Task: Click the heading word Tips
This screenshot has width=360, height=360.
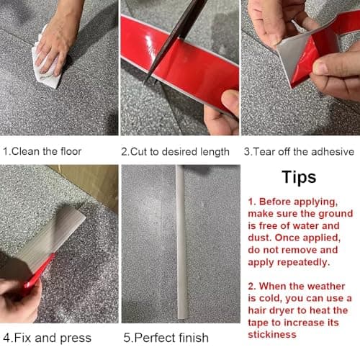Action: coord(299,177)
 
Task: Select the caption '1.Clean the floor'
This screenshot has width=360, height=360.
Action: coord(42,151)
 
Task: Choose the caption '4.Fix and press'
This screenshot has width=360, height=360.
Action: coord(48,338)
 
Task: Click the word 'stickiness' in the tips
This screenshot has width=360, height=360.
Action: coord(272,335)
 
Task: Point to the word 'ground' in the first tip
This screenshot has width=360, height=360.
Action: coord(336,214)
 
